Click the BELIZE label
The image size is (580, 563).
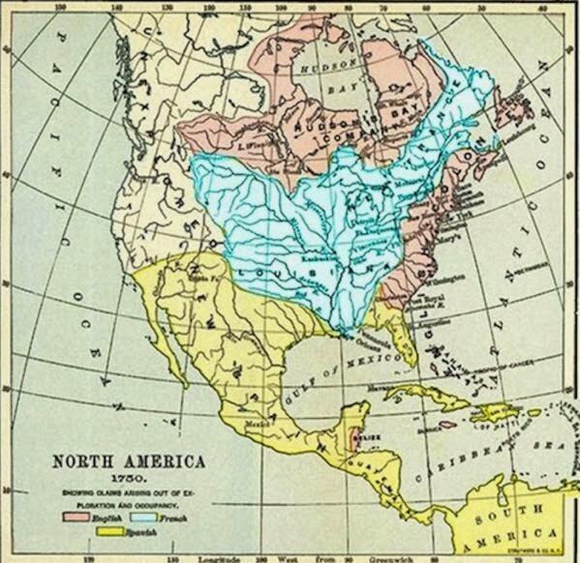point(365,437)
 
